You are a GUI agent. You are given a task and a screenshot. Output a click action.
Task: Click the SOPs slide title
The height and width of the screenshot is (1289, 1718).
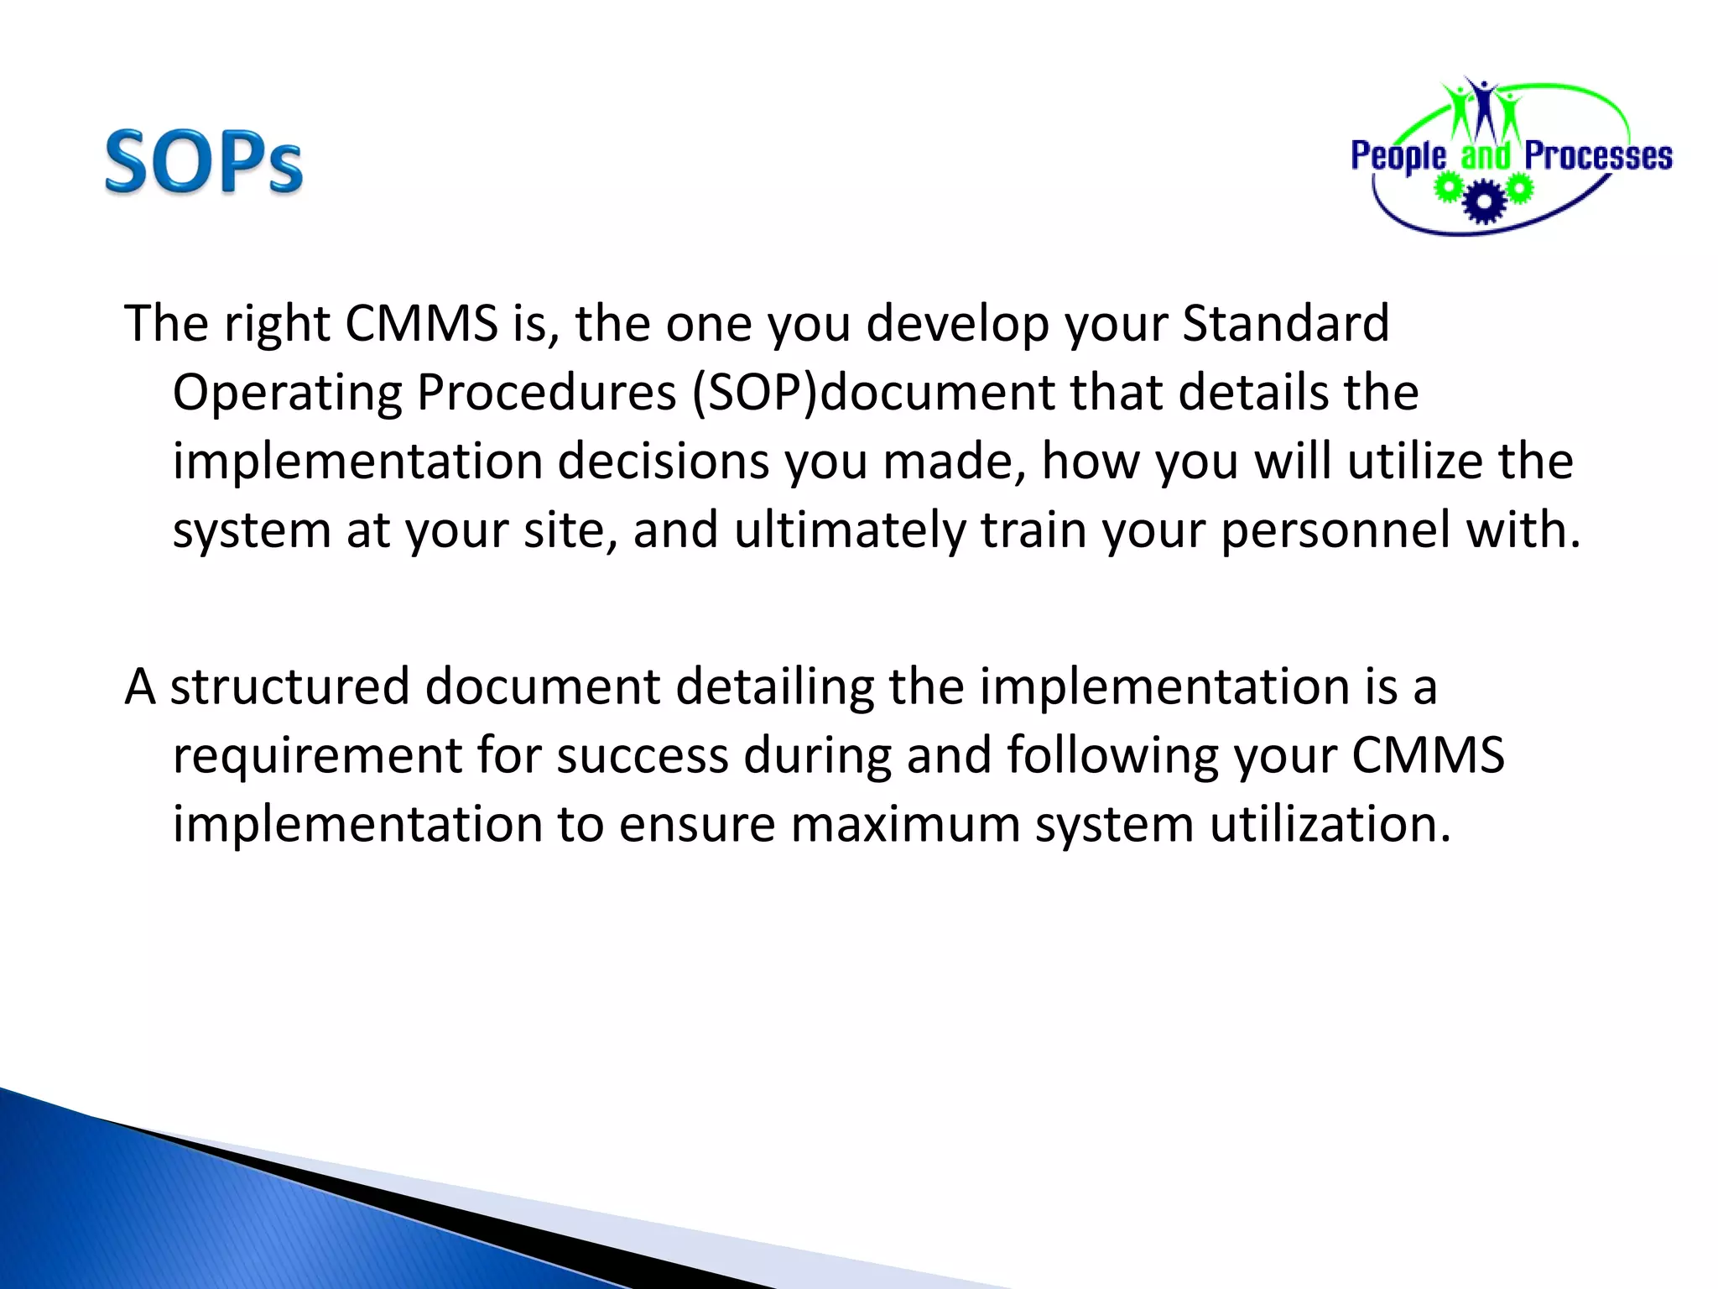(203, 162)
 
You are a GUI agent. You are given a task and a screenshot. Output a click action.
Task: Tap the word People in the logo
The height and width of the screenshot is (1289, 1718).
(1398, 157)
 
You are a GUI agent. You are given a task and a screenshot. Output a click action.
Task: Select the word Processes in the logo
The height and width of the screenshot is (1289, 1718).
(1598, 157)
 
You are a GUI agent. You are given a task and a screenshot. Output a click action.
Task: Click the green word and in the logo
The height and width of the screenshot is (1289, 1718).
(1485, 157)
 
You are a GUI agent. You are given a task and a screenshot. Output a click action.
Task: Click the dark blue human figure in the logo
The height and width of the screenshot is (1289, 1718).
(1485, 109)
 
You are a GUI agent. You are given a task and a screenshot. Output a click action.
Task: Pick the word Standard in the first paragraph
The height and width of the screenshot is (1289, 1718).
(1285, 323)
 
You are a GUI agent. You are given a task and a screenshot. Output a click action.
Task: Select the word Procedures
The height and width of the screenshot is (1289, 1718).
(546, 392)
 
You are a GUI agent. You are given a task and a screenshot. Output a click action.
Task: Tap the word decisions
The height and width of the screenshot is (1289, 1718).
(663, 462)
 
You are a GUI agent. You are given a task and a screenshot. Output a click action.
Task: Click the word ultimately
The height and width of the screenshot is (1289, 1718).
(850, 530)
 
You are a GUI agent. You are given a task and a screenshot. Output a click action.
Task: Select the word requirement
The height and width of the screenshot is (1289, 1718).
(317, 755)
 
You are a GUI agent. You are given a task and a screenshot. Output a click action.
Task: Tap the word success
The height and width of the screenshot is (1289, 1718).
(643, 755)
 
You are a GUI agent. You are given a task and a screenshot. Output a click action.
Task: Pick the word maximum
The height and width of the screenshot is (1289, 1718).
(904, 824)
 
